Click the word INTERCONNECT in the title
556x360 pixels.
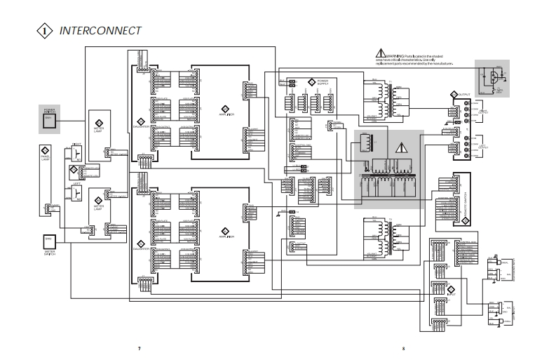click(x=101, y=31)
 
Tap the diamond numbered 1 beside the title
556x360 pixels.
click(x=45, y=32)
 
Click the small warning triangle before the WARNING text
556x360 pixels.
click(x=381, y=53)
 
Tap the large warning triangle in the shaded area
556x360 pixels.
click(x=401, y=148)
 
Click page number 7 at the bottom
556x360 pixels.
click(x=139, y=349)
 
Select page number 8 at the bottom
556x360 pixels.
click(x=404, y=349)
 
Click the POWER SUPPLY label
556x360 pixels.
click(x=323, y=82)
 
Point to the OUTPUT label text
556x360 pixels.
click(x=465, y=94)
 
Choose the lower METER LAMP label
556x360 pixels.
click(x=99, y=208)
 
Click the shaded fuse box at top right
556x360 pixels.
click(x=492, y=77)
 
